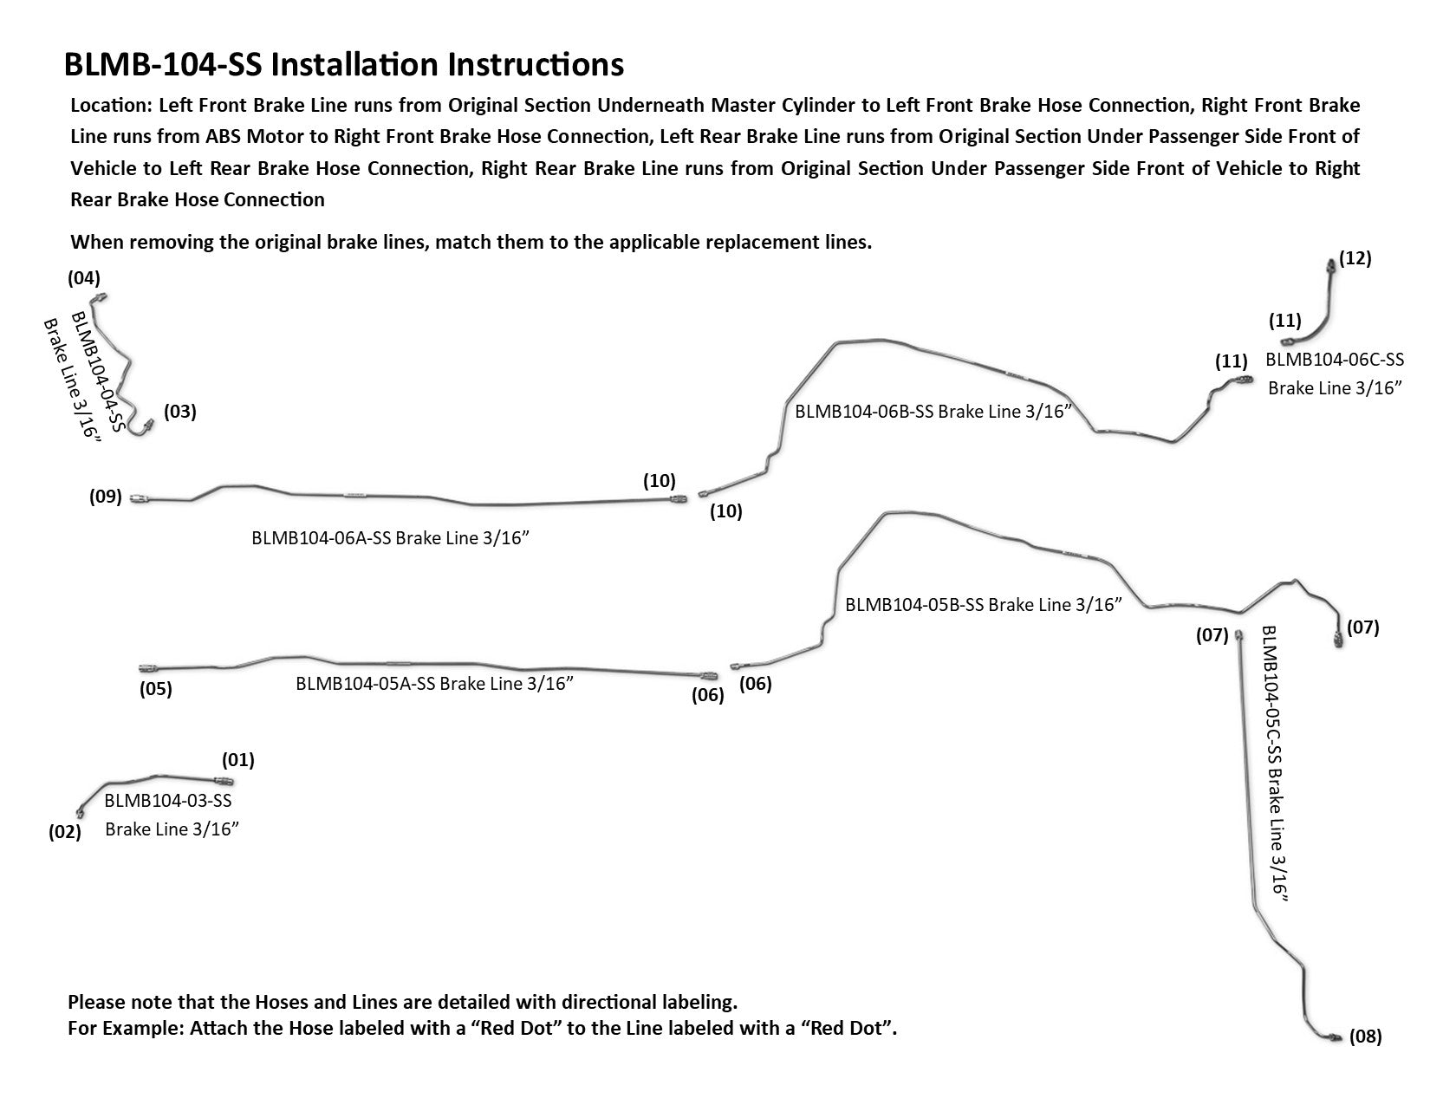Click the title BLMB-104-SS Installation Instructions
point(344,65)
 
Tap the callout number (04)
point(84,278)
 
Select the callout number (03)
point(180,412)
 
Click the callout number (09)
point(106,497)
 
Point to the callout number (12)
point(1355,258)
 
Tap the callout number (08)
point(1366,1037)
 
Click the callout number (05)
point(156,690)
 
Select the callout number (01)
point(237,760)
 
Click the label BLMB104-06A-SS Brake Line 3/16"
point(390,538)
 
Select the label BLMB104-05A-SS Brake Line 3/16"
point(435,683)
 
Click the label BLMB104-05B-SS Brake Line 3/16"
point(984,605)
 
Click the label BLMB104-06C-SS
point(1335,359)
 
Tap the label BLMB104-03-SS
point(168,801)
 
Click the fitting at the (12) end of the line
point(1331,264)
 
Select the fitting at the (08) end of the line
point(1334,1037)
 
